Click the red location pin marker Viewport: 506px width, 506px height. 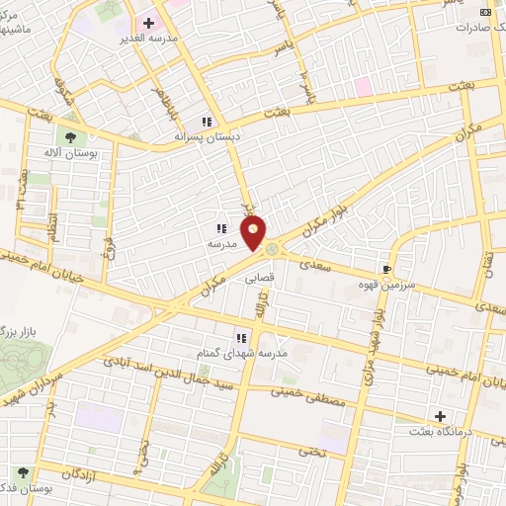(255, 233)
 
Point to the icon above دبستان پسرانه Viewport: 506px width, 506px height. (206, 122)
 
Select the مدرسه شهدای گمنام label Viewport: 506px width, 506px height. (241, 353)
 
